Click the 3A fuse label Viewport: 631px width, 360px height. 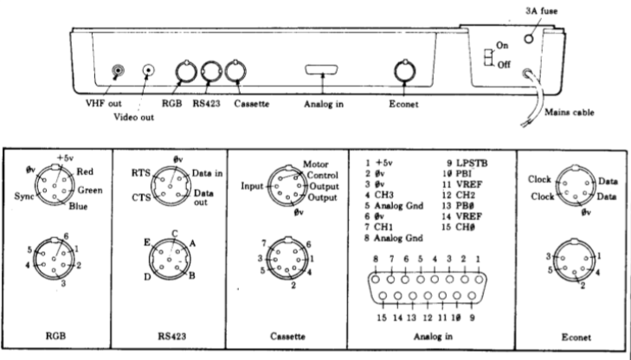coord(541,11)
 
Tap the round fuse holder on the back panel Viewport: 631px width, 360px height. coord(529,39)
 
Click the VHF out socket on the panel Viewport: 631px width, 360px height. coord(118,71)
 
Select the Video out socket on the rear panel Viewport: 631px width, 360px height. coord(149,70)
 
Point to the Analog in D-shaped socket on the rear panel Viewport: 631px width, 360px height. coord(321,69)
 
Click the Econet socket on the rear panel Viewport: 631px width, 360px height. coord(405,71)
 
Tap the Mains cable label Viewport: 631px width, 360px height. coord(569,112)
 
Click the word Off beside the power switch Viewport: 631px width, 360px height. coord(504,65)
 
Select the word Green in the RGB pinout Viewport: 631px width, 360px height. coord(90,190)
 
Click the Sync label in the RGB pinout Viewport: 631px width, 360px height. coord(24,196)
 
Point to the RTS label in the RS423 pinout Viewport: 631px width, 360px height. coord(140,173)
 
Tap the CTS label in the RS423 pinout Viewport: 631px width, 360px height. coord(141,197)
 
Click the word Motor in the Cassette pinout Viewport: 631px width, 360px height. coord(315,164)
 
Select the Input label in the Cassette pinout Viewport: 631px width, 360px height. coord(252,186)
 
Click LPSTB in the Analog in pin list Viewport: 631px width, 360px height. coord(472,164)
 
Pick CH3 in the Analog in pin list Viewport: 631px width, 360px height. coord(384,195)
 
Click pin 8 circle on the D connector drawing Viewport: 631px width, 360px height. coord(376,279)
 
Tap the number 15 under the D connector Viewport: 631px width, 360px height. coord(382,318)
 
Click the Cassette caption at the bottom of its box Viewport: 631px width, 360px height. coord(287,337)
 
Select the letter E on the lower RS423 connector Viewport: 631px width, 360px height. coord(147,242)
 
